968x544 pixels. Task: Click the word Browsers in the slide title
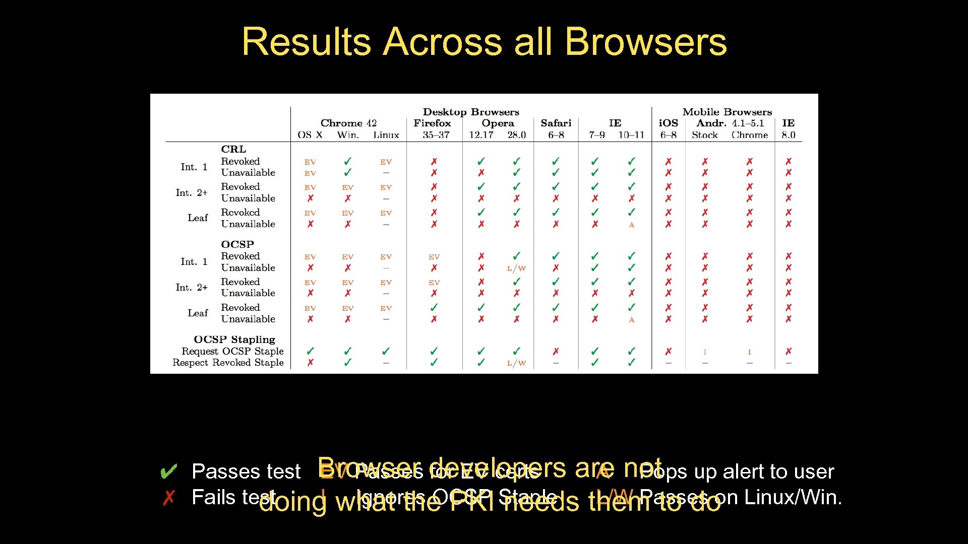pyautogui.click(x=646, y=42)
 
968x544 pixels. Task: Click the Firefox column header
pyautogui.click(x=432, y=123)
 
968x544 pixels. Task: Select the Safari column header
pyautogui.click(x=556, y=123)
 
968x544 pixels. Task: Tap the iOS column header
pyautogui.click(x=668, y=123)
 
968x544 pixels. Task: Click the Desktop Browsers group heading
pyautogui.click(x=470, y=112)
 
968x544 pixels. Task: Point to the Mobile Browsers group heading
pyautogui.click(x=727, y=112)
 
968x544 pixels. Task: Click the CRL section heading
pyautogui.click(x=233, y=149)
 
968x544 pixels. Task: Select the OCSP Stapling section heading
pyautogui.click(x=234, y=339)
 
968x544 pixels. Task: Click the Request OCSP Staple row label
pyautogui.click(x=232, y=351)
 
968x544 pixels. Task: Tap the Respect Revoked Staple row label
pyautogui.click(x=228, y=363)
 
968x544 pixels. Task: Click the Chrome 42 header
pyautogui.click(x=348, y=123)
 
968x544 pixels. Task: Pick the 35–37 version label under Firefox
pyautogui.click(x=436, y=135)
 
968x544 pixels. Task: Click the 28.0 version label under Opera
pyautogui.click(x=516, y=135)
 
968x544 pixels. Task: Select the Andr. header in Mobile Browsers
pyautogui.click(x=711, y=123)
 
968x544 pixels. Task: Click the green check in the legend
pyautogui.click(x=168, y=472)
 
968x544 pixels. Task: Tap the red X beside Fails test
pyautogui.click(x=168, y=498)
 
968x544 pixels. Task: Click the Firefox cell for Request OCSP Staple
pyautogui.click(x=434, y=351)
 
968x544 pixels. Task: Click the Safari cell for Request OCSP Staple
pyautogui.click(x=556, y=352)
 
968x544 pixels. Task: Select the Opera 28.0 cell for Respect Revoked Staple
pyautogui.click(x=516, y=363)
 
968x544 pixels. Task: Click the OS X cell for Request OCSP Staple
pyautogui.click(x=310, y=351)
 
